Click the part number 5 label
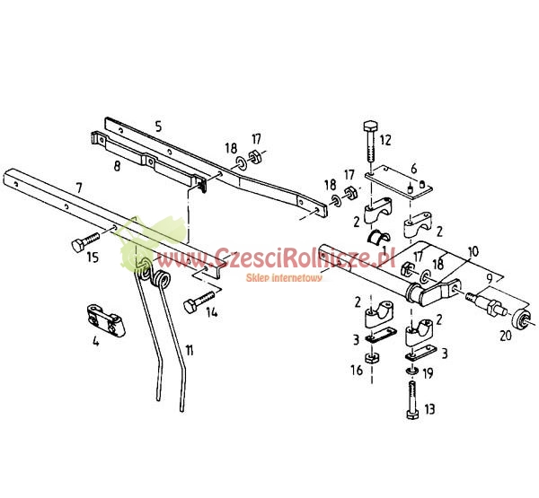point(157,127)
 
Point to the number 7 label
point(79,188)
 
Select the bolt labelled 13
point(412,402)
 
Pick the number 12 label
point(386,140)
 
